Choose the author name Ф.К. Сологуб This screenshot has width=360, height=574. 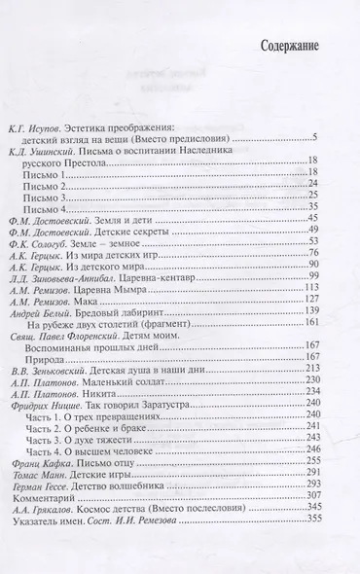coord(45,249)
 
